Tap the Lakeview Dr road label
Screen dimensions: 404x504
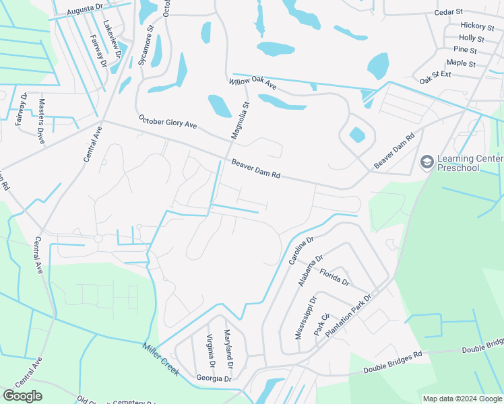pos(111,38)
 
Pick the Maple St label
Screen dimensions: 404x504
pos(461,63)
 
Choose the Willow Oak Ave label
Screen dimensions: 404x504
pos(253,82)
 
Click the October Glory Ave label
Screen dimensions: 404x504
pos(167,123)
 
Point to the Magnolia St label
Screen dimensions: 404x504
pos(240,120)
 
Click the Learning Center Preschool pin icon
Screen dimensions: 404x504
pos(426,162)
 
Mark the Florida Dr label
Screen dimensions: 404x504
pos(334,277)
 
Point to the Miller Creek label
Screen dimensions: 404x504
pos(160,360)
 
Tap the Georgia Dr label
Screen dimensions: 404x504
pos(214,378)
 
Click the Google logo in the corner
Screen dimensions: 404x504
pos(23,396)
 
